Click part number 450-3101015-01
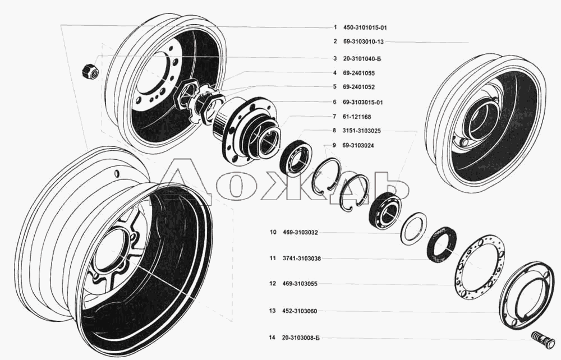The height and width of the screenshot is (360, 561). click(x=365, y=27)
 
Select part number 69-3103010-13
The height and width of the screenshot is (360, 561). click(x=363, y=42)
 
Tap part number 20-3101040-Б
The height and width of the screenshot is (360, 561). click(x=362, y=58)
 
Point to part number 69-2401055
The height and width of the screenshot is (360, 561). click(x=359, y=73)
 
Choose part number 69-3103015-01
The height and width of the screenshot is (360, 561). click(x=363, y=102)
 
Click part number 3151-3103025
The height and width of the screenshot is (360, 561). click(x=361, y=131)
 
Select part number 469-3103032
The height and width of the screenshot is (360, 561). click(x=300, y=232)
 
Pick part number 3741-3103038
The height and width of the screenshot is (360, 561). click(x=301, y=258)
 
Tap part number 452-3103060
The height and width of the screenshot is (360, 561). click(x=300, y=311)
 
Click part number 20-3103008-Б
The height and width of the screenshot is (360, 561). click(x=301, y=338)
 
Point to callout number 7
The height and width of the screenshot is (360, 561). click(x=334, y=117)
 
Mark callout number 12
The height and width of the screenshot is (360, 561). click(x=273, y=284)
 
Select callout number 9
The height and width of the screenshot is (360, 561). click(x=334, y=145)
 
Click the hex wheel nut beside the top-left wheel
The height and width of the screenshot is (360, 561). click(x=90, y=71)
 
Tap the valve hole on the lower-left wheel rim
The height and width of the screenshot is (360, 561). click(x=116, y=173)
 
